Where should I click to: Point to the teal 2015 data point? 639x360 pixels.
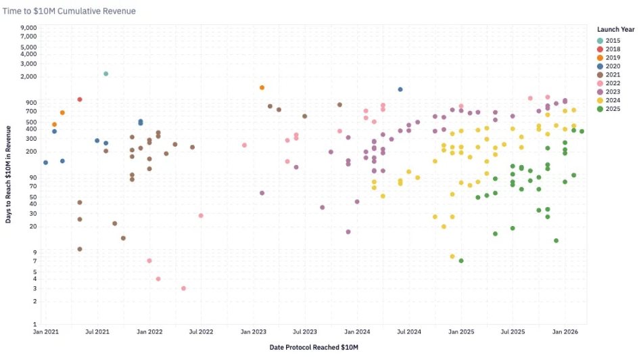click(x=106, y=74)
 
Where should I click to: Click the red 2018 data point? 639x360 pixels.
click(x=80, y=99)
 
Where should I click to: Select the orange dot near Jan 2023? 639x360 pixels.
click(x=262, y=88)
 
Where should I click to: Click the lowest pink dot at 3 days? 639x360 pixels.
click(x=184, y=288)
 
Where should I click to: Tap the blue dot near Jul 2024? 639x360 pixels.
click(x=400, y=89)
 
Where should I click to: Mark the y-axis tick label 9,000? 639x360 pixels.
click(x=28, y=28)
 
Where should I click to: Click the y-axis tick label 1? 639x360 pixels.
click(x=35, y=324)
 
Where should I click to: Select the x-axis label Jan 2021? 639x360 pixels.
click(x=45, y=332)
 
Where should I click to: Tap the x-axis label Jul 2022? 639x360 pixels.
click(x=202, y=332)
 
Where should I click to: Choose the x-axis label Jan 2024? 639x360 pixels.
click(x=357, y=332)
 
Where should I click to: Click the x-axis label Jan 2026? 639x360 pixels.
click(x=565, y=332)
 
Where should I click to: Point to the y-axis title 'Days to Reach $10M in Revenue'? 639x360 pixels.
click(x=8, y=175)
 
